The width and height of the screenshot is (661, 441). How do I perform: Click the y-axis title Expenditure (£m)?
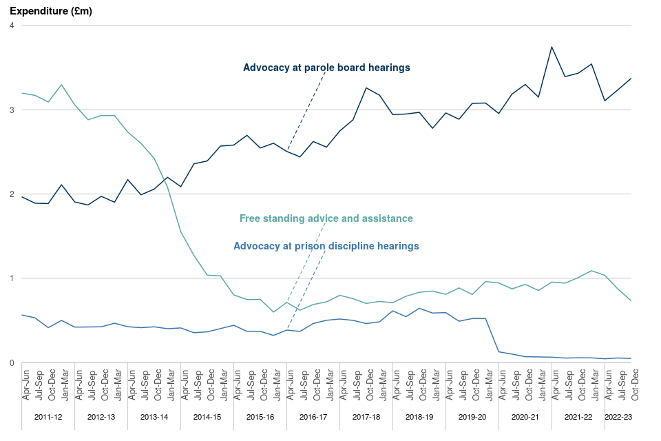[50, 11]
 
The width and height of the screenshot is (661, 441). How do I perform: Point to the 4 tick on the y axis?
[12, 25]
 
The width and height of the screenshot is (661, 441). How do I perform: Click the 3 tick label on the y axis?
[12, 110]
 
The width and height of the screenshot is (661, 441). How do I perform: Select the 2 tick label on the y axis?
[12, 194]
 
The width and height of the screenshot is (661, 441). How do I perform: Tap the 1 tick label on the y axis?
[12, 278]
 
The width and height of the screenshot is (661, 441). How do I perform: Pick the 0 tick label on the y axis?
[12, 362]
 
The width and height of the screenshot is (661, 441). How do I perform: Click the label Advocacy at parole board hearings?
[326, 68]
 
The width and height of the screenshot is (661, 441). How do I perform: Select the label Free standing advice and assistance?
[326, 218]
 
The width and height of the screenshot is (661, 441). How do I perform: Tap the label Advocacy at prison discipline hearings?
[326, 245]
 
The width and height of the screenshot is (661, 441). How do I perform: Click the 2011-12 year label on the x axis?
[48, 417]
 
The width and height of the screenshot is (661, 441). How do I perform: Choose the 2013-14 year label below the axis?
[154, 417]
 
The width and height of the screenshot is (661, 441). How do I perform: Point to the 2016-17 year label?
[313, 417]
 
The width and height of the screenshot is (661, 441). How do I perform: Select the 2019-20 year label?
[472, 417]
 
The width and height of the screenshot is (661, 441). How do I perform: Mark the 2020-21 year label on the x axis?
[525, 417]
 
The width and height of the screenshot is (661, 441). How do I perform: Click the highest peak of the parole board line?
[552, 47]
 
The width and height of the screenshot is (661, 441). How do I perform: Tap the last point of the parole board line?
[631, 79]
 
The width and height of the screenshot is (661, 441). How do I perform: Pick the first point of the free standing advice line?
[23, 93]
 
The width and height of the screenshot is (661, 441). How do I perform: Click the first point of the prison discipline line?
[23, 315]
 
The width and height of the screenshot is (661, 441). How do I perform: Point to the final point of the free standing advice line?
[631, 300]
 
